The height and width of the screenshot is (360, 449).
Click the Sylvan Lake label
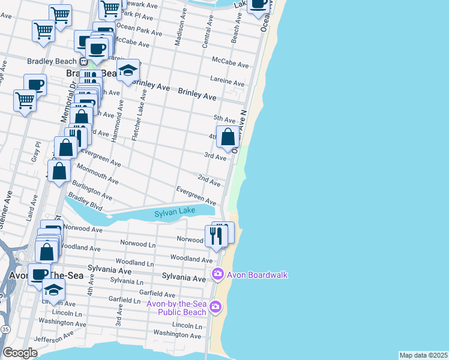pyautogui.click(x=175, y=213)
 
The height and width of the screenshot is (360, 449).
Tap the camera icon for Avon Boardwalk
pyautogui.click(x=217, y=275)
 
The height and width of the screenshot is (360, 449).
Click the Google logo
pyautogui.click(x=20, y=353)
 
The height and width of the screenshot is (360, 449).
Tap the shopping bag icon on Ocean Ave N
pyautogui.click(x=228, y=137)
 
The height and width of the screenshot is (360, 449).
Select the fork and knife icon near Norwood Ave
pyautogui.click(x=215, y=235)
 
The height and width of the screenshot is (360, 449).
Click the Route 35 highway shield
pyautogui.click(x=5, y=329)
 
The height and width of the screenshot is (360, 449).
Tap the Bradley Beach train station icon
pyautogui.click(x=83, y=61)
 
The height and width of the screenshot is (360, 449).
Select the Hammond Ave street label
pyautogui.click(x=121, y=119)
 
